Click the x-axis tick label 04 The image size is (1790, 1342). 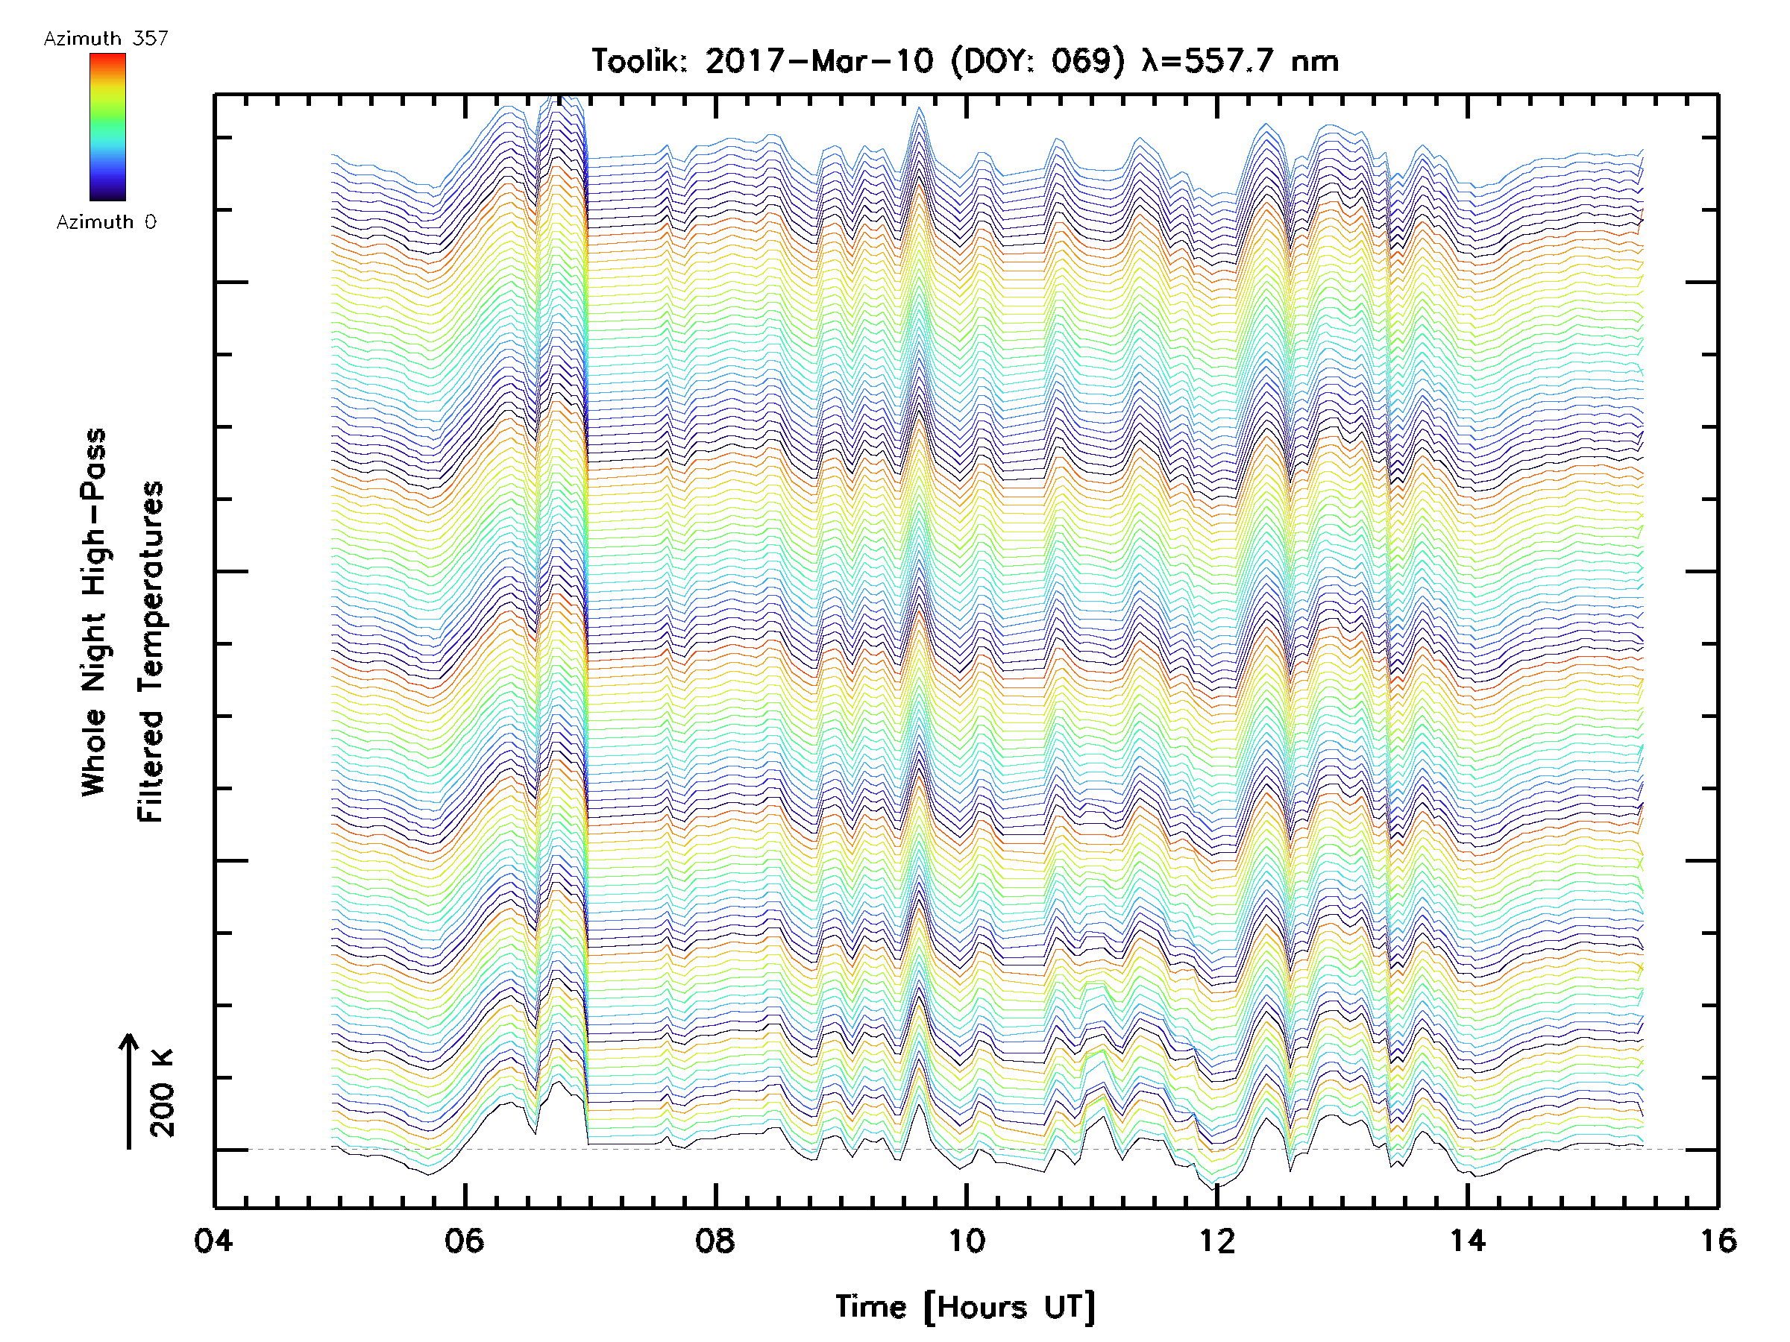pyautogui.click(x=213, y=1241)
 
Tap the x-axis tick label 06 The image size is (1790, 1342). pyautogui.click(x=465, y=1241)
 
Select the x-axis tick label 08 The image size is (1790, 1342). pyautogui.click(x=715, y=1241)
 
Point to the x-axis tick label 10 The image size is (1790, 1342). pyautogui.click(x=966, y=1241)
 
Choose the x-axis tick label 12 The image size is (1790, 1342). pyautogui.click(x=1217, y=1241)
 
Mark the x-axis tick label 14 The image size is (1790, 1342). pyautogui.click(x=1468, y=1241)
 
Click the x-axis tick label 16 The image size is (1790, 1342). pyautogui.click(x=1717, y=1241)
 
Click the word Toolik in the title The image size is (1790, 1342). pyautogui.click(x=639, y=61)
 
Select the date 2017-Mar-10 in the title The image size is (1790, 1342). pyautogui.click(x=819, y=61)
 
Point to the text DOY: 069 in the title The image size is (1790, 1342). pyautogui.click(x=1038, y=61)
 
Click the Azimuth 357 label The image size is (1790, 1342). pyautogui.click(x=106, y=39)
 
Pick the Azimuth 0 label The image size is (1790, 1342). pyautogui.click(x=106, y=222)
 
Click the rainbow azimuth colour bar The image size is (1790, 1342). pyautogui.click(x=107, y=127)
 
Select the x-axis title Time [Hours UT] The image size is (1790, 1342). pyautogui.click(x=965, y=1307)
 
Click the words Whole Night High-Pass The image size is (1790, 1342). pyautogui.click(x=94, y=612)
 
